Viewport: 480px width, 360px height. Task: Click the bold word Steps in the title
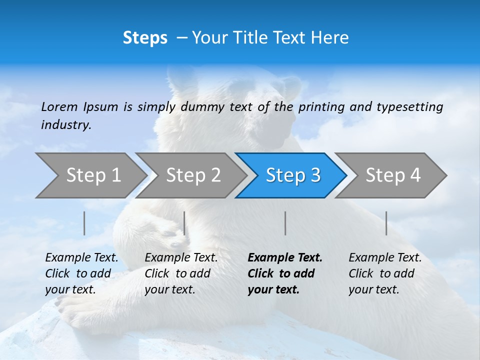click(145, 38)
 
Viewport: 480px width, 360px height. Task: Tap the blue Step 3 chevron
click(293, 175)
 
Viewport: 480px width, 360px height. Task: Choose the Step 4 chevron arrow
click(393, 175)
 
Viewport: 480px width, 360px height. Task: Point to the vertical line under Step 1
click(84, 223)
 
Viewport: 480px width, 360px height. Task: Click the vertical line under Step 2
click(184, 223)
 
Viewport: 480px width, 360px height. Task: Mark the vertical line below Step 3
click(285, 223)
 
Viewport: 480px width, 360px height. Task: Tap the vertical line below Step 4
click(386, 223)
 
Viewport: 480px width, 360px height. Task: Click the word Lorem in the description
click(59, 106)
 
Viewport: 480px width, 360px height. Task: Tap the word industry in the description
click(66, 124)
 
